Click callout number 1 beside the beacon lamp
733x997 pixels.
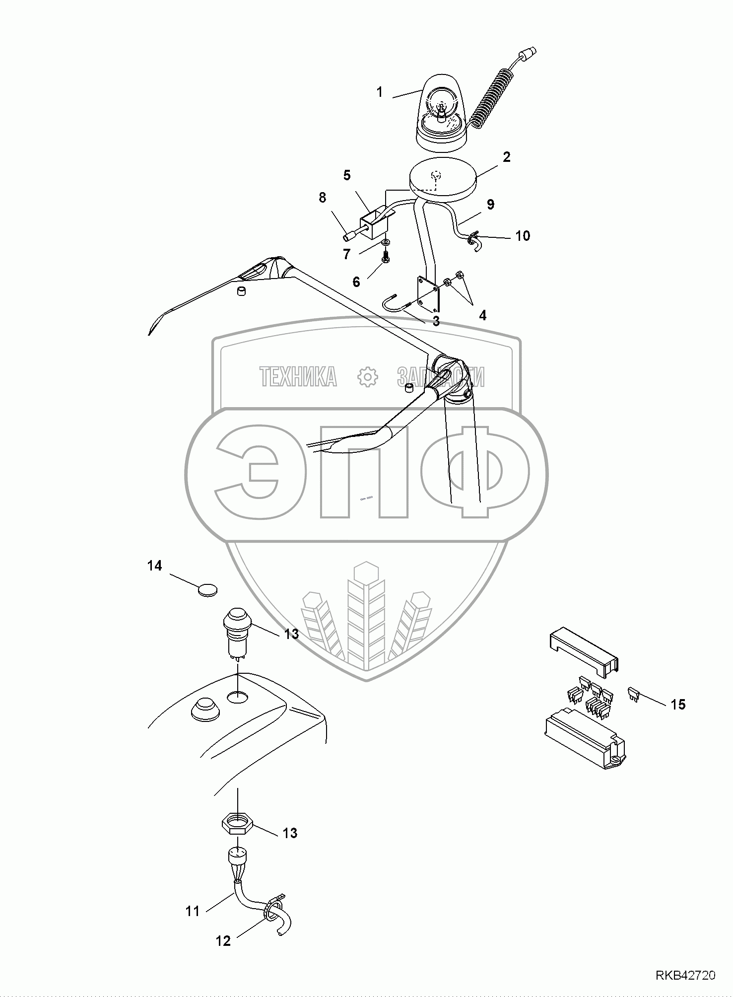click(x=380, y=92)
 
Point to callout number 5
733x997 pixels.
click(x=346, y=175)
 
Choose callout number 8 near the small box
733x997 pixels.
click(x=323, y=198)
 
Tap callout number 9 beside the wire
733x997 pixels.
click(x=490, y=204)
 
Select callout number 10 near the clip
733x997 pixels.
click(x=523, y=236)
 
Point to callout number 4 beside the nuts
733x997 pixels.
click(x=482, y=315)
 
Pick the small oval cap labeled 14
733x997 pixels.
click(x=207, y=589)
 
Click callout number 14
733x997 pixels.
click(x=155, y=566)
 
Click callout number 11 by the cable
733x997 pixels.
click(x=192, y=911)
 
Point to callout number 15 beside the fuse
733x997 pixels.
click(x=678, y=704)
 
